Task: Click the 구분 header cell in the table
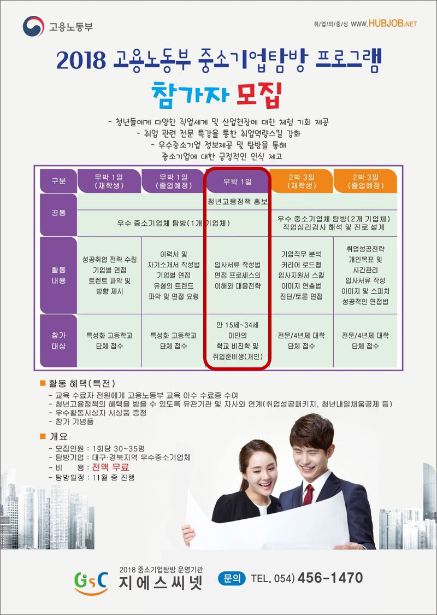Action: (x=58, y=181)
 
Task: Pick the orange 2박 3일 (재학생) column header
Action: (x=301, y=181)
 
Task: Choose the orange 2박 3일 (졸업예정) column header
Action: (x=365, y=181)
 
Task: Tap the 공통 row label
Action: (x=58, y=212)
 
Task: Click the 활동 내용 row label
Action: (x=58, y=275)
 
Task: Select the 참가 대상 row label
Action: (x=58, y=340)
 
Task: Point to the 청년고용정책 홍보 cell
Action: (x=238, y=201)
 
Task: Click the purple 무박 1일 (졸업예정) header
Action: (x=173, y=181)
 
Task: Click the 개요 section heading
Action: (x=58, y=437)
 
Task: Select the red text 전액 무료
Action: (x=110, y=467)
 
